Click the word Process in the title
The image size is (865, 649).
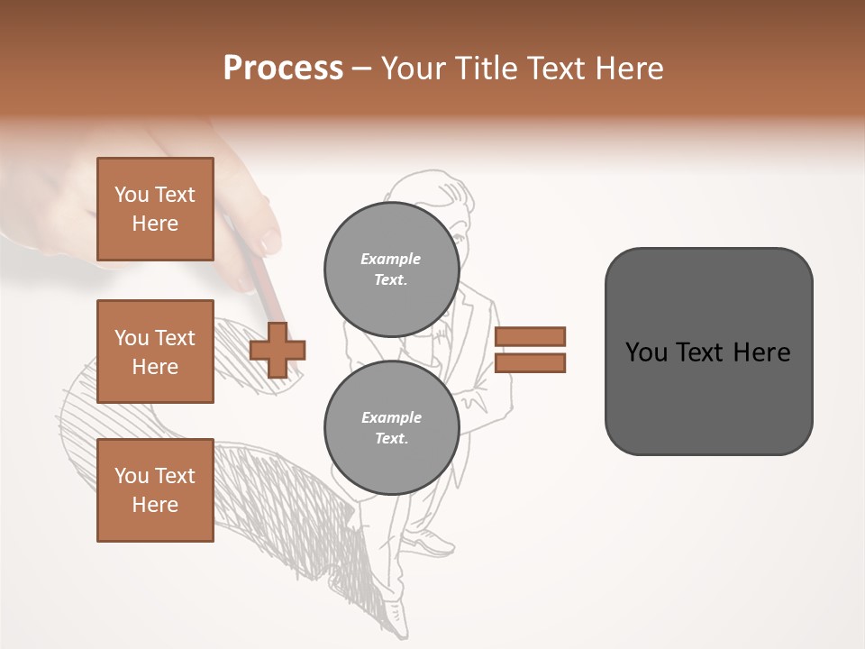pyautogui.click(x=283, y=69)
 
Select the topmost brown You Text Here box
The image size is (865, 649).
pyautogui.click(x=155, y=209)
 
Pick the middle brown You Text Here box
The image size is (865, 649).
pyautogui.click(x=155, y=352)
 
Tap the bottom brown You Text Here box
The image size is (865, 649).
pyautogui.click(x=155, y=490)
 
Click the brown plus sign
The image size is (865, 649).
pyautogui.click(x=277, y=350)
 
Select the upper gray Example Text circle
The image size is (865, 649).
pyautogui.click(x=391, y=269)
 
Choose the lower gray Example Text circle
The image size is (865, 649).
pyautogui.click(x=391, y=427)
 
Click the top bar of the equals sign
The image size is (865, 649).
pyautogui.click(x=530, y=336)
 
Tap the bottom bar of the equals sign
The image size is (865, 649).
pyautogui.click(x=530, y=363)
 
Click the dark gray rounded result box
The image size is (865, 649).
pyautogui.click(x=708, y=352)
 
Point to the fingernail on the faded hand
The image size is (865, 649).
pyautogui.click(x=269, y=241)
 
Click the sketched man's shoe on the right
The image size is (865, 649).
pyautogui.click(x=430, y=543)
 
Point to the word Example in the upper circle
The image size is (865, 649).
pyautogui.click(x=391, y=259)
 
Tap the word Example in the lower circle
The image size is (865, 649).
pyautogui.click(x=391, y=417)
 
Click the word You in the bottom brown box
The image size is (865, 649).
pyautogui.click(x=132, y=476)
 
